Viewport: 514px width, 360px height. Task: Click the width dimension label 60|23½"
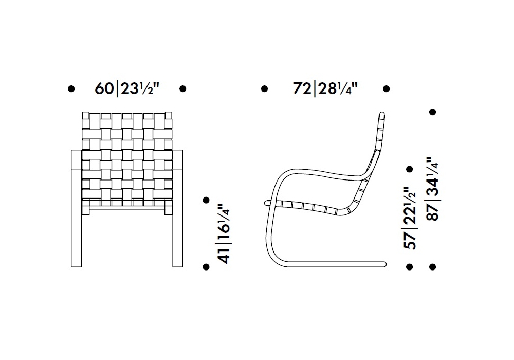click(127, 88)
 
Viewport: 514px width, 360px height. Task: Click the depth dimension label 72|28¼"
click(325, 88)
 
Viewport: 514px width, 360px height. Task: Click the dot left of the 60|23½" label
click(71, 88)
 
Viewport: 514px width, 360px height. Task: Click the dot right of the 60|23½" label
click(183, 88)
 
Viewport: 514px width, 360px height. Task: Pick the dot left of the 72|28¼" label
click(264, 88)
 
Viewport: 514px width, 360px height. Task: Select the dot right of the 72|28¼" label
click(386, 88)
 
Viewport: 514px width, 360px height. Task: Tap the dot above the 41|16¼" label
click(206, 200)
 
